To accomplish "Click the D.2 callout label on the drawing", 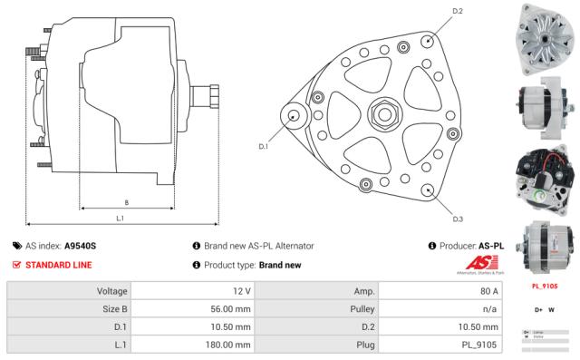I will (457, 11).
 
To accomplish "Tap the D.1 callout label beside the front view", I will (264, 146).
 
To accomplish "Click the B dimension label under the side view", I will (126, 201).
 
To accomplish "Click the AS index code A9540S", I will (80, 246).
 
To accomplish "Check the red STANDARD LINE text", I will (58, 265).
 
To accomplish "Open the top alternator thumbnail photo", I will (542, 36).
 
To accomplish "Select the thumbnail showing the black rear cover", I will (542, 176).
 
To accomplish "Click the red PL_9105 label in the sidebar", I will (542, 287).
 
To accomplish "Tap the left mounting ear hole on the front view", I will (294, 116).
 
